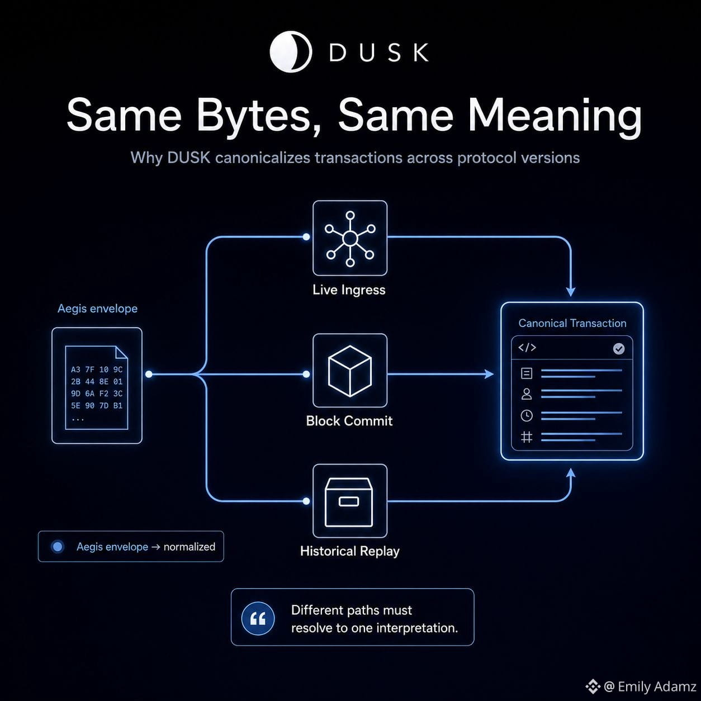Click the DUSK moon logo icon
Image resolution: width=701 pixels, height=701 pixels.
pos(291,51)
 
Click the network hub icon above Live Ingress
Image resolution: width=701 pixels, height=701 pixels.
pos(350,238)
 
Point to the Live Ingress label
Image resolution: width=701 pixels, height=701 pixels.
pos(349,290)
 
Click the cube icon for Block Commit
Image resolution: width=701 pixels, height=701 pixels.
pos(350,371)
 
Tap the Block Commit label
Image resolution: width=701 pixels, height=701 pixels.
pos(349,421)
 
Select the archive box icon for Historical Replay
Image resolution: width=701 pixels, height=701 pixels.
pos(349,502)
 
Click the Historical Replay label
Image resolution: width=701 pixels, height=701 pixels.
pos(349,551)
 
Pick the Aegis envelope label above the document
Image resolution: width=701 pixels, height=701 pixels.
pos(97,309)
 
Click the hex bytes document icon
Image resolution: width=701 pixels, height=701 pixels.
pos(96,387)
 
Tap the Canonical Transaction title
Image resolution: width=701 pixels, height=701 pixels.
pos(572,323)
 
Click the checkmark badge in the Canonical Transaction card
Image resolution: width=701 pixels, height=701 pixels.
pos(619,349)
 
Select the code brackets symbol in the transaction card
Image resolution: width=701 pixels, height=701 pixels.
pos(527,347)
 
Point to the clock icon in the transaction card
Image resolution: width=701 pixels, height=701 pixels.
pos(527,415)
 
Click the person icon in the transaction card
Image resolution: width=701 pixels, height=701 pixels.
pos(527,394)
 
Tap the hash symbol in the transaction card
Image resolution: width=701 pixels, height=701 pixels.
pos(527,437)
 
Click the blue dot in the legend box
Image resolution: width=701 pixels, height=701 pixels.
pos(58,546)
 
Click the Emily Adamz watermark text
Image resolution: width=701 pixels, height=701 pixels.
pos(650,686)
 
